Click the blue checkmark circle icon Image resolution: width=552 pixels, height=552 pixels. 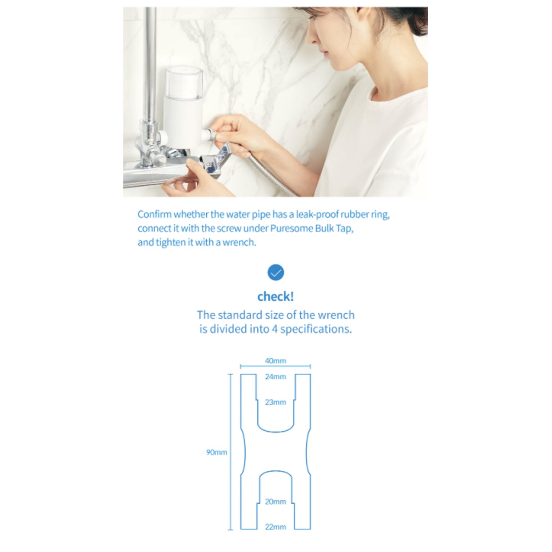[275, 272]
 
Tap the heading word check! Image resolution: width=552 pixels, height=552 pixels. [275, 296]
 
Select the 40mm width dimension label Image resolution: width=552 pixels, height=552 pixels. [275, 361]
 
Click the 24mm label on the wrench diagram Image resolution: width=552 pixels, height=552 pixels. [275, 377]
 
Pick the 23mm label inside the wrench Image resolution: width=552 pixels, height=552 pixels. [275, 402]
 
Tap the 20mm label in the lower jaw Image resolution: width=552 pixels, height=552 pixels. [275, 502]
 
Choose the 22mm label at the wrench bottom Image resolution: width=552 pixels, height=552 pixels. [275, 527]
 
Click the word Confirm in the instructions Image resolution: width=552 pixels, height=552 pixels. [154, 214]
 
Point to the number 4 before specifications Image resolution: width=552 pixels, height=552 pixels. [275, 329]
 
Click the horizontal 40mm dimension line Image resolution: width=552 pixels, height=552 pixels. [275, 366]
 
